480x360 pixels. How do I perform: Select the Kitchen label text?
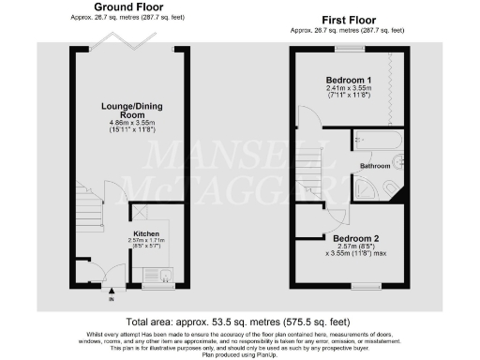click(145, 232)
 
